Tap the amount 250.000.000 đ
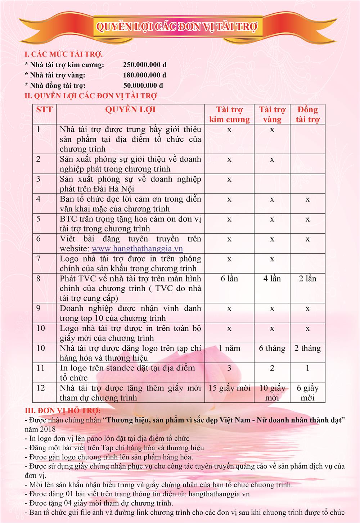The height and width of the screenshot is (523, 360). (x=144, y=65)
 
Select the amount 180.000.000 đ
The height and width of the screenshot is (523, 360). (x=144, y=75)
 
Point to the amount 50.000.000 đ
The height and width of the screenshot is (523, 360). (x=143, y=85)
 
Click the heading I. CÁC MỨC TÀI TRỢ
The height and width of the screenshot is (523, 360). (x=63, y=55)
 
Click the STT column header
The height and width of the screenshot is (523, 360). (x=44, y=110)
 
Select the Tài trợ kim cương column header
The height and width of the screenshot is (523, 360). (x=229, y=114)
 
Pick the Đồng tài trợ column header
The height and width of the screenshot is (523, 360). (x=307, y=114)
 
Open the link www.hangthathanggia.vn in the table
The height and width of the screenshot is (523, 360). (x=137, y=249)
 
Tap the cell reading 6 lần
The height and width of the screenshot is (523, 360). (x=229, y=279)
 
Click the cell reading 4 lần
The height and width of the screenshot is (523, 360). (x=272, y=279)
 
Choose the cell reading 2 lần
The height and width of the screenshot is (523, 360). (x=307, y=279)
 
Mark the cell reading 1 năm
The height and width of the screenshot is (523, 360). (x=229, y=348)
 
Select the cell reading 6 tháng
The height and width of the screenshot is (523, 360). (x=272, y=348)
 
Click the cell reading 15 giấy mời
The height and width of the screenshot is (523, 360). (x=229, y=388)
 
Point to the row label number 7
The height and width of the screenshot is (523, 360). (x=39, y=258)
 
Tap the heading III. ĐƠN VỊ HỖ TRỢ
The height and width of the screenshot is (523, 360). (x=63, y=411)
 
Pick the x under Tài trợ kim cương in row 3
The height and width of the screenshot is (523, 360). (x=229, y=179)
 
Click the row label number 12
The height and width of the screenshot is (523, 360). (x=41, y=388)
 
